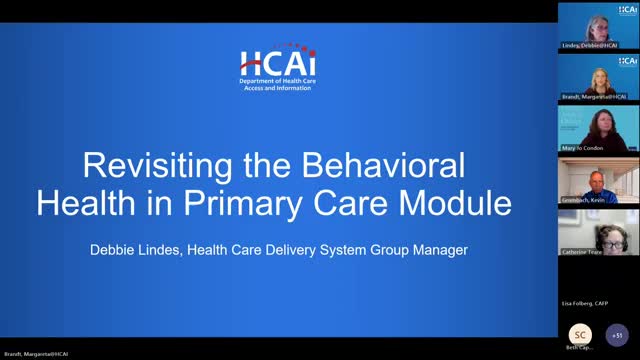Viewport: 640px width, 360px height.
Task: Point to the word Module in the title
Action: [453, 203]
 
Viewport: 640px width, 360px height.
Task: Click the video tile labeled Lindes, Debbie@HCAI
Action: [598, 25]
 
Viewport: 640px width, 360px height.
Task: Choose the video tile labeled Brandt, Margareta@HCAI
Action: [598, 76]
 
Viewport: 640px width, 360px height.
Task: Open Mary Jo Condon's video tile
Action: [598, 128]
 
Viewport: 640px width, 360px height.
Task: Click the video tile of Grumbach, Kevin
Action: [598, 180]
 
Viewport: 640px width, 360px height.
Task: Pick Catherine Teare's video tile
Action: [598, 231]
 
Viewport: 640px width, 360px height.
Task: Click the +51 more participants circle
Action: [618, 335]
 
